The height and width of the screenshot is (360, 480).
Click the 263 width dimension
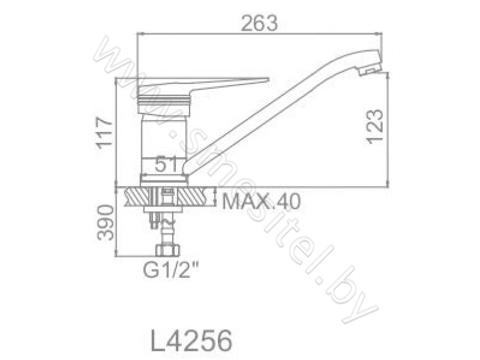click(259, 23)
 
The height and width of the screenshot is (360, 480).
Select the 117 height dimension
click(104, 133)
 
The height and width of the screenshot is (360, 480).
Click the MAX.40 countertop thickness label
click(261, 202)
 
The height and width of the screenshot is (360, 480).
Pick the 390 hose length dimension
click(105, 222)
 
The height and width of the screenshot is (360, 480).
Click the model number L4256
click(191, 340)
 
